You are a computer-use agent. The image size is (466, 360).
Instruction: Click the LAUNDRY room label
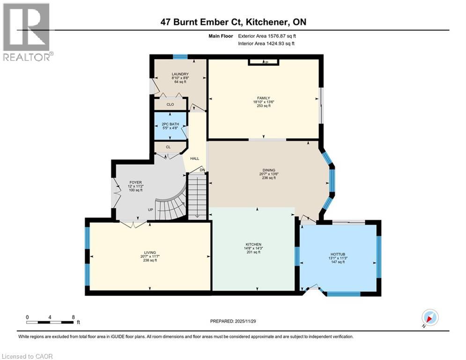(x=180, y=74)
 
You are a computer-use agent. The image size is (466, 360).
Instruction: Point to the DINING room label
(x=269, y=170)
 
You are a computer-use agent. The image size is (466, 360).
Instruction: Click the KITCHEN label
(x=253, y=244)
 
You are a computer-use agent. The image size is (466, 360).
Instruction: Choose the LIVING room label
(x=150, y=252)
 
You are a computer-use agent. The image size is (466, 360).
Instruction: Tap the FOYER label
(x=136, y=182)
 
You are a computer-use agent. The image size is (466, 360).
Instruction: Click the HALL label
(x=194, y=158)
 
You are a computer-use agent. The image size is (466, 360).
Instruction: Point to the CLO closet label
(x=170, y=105)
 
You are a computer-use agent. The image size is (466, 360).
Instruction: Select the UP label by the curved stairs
(x=151, y=210)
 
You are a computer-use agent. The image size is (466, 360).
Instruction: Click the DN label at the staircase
(x=202, y=170)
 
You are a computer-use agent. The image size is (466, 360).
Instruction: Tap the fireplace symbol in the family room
(x=264, y=62)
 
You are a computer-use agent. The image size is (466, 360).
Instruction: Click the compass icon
(x=429, y=318)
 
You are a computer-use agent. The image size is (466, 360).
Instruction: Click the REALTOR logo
(x=27, y=32)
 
